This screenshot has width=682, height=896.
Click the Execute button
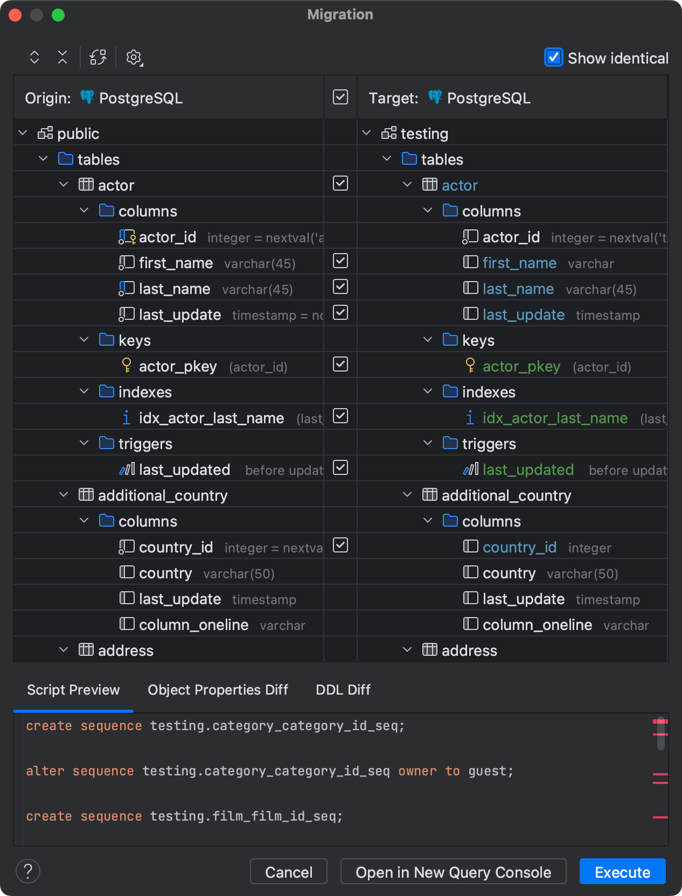[x=622, y=872]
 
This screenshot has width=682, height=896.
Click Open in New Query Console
[x=453, y=872]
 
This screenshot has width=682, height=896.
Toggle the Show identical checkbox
[x=553, y=58]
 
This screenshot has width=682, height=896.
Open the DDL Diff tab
[x=343, y=690]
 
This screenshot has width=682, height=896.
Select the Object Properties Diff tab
[x=218, y=690]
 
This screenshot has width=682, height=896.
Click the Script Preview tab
[x=73, y=690]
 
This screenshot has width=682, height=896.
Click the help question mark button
[x=28, y=871]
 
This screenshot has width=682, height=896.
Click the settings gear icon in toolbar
[x=134, y=58]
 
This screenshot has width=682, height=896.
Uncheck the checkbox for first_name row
[x=340, y=261]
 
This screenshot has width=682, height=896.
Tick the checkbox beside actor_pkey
[x=340, y=365]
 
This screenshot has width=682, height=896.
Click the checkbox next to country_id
[x=340, y=545]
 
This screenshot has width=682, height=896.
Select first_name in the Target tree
[x=519, y=263]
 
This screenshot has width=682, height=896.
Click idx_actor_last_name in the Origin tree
[x=211, y=418]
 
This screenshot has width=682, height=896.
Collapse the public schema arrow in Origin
[x=23, y=133]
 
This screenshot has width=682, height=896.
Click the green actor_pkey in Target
[x=521, y=366]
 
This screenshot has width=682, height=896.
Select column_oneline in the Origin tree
[x=193, y=625]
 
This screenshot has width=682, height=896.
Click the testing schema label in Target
[x=424, y=134]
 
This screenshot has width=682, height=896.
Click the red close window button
[x=15, y=15]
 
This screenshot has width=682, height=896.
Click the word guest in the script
[x=487, y=771]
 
